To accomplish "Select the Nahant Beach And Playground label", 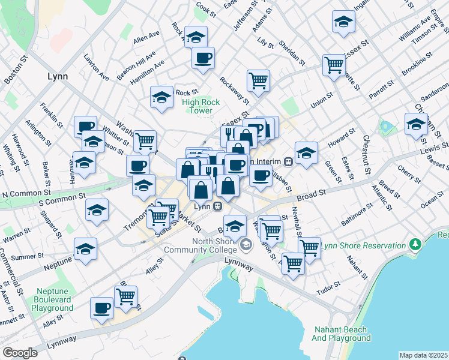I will [342, 334].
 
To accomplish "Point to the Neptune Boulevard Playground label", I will [53, 299].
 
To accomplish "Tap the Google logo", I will [20, 353].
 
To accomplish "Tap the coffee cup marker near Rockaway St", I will [203, 58].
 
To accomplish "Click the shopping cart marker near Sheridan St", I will [258, 80].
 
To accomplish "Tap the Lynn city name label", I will [57, 76].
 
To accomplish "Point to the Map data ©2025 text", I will [424, 355].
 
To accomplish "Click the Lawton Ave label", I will [95, 68].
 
